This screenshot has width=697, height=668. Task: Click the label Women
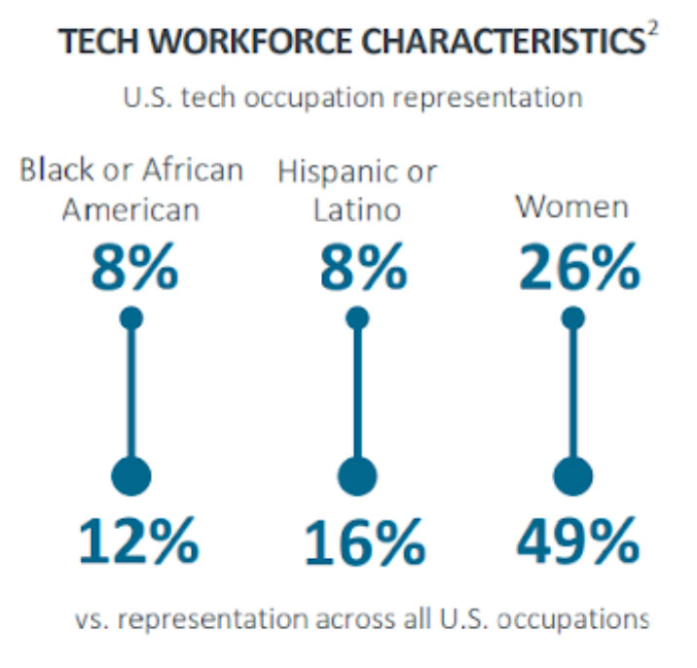click(x=572, y=206)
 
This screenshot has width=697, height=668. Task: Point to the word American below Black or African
click(x=131, y=208)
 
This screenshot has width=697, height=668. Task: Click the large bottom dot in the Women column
click(x=573, y=476)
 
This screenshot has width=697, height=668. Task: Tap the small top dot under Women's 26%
click(x=573, y=317)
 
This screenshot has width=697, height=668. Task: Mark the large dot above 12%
click(x=132, y=476)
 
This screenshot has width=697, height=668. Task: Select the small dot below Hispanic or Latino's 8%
click(x=357, y=317)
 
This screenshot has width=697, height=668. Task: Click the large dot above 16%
click(x=357, y=476)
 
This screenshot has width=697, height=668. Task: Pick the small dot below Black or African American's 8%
click(x=132, y=317)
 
